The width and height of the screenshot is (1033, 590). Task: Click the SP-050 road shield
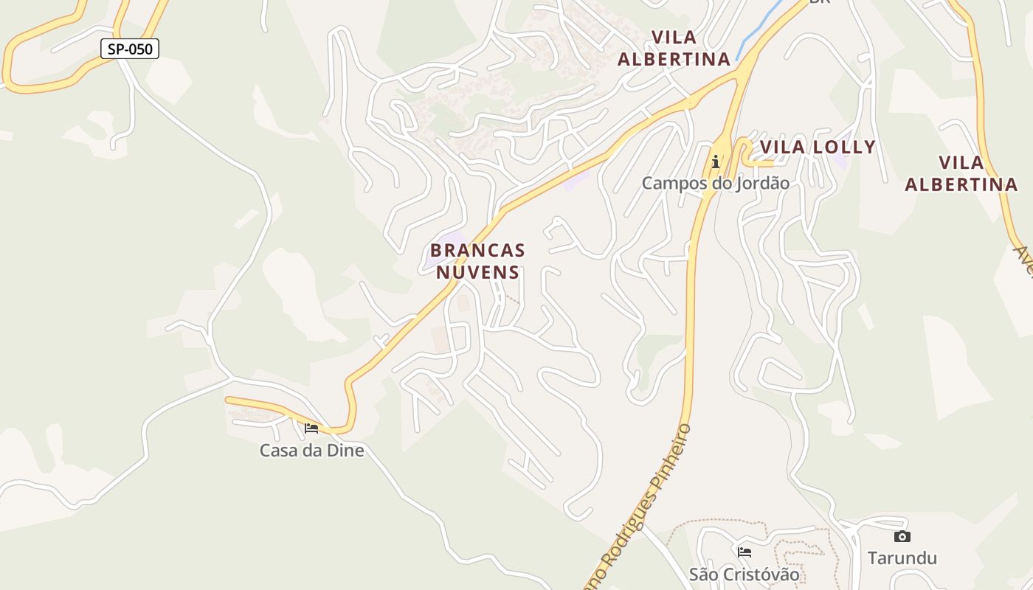[130, 49]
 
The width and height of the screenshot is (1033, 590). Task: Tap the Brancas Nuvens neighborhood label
[477, 260]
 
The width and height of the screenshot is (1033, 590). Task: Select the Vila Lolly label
[818, 147]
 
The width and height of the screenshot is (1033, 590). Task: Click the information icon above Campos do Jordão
[715, 162]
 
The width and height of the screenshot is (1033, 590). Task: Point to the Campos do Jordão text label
[715, 183]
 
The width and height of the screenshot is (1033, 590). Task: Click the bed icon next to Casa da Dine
[311, 428]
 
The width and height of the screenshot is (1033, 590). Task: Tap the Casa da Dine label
[311, 450]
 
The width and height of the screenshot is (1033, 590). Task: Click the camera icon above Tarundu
[902, 537]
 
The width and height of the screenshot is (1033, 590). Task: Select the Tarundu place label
[902, 558]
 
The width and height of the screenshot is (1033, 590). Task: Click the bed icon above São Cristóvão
[744, 552]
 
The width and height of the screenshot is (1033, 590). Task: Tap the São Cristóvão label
[744, 574]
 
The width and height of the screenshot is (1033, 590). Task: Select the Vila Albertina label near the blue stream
[673, 48]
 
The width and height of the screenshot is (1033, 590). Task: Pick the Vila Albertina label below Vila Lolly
[961, 173]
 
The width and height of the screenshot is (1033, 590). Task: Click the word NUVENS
[477, 272]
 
